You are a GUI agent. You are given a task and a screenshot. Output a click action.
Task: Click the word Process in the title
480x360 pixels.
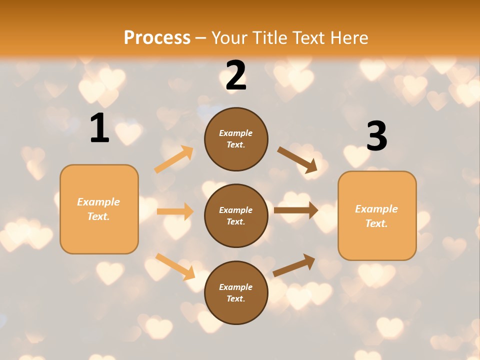(x=157, y=38)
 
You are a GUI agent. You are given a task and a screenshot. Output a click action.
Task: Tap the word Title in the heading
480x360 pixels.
(x=269, y=38)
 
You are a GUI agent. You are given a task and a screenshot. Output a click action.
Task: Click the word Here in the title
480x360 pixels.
(x=349, y=38)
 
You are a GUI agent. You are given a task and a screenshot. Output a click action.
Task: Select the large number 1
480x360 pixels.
(x=99, y=128)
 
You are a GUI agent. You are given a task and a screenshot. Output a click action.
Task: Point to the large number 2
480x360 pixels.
(x=236, y=75)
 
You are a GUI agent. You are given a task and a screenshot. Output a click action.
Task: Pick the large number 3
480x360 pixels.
(x=376, y=136)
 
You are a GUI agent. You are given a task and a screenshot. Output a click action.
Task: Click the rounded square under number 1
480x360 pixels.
(x=99, y=209)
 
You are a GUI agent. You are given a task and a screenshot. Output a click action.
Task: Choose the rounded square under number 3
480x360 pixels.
(x=377, y=215)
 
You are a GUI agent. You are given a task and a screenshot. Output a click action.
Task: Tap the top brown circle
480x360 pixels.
(x=236, y=139)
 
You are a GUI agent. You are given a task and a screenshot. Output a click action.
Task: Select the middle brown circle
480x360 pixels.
(x=236, y=215)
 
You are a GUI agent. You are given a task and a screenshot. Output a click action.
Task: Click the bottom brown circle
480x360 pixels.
(x=236, y=292)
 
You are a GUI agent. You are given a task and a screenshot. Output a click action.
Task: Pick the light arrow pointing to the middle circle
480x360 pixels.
(x=175, y=211)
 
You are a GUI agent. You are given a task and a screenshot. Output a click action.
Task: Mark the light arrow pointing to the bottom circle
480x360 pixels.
(x=175, y=266)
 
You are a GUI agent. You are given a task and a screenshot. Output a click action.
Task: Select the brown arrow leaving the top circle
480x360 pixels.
(x=297, y=160)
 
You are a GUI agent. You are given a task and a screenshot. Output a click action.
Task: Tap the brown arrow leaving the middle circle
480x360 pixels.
(x=296, y=210)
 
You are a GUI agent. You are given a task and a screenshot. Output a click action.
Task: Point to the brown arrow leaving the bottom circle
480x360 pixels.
(x=294, y=265)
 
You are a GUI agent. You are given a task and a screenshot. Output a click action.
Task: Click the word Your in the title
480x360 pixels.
(x=229, y=38)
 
